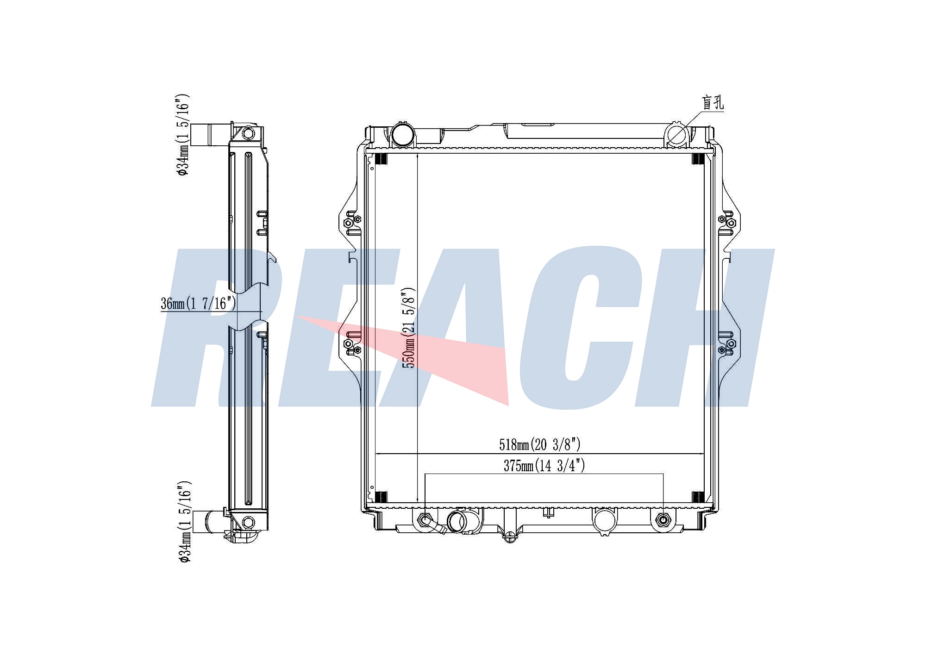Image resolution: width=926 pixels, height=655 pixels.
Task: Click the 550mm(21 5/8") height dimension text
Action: tap(409, 328)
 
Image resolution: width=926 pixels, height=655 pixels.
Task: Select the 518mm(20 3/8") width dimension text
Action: tap(539, 445)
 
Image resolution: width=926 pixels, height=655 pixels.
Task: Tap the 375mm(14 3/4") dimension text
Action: tap(544, 466)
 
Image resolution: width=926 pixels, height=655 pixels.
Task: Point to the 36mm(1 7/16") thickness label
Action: tap(198, 304)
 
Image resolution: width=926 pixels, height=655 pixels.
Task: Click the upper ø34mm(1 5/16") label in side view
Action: tap(183, 135)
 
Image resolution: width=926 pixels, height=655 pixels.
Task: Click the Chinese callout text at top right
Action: tap(713, 103)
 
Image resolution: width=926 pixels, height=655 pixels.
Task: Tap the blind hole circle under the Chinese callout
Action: tap(677, 136)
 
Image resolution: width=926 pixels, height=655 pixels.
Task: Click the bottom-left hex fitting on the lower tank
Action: tap(425, 519)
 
